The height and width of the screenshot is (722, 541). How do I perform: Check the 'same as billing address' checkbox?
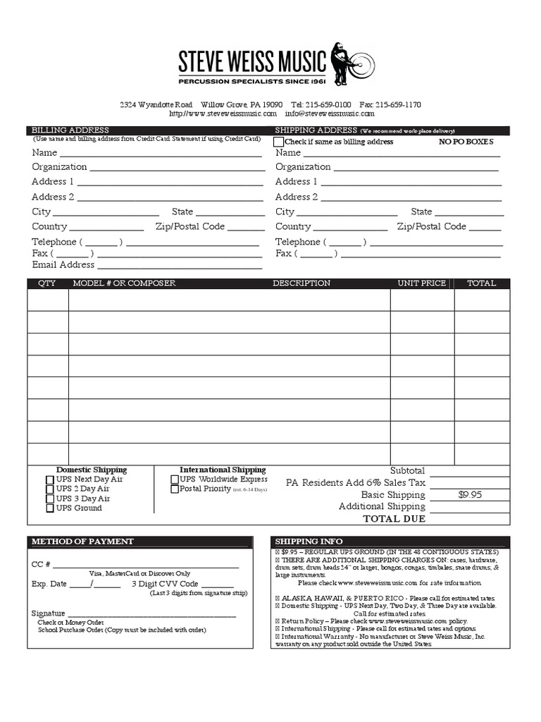[x=279, y=142]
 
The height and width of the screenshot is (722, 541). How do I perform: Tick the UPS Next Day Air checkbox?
[x=49, y=480]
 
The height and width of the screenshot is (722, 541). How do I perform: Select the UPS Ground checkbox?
[x=49, y=508]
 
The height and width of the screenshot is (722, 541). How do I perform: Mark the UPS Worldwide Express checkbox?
[x=175, y=479]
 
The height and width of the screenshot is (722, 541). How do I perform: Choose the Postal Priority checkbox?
[x=175, y=489]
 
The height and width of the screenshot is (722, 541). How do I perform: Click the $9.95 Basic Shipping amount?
[x=470, y=495]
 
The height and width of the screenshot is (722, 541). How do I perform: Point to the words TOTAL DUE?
[x=394, y=519]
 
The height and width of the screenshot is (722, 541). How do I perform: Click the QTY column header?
[x=47, y=283]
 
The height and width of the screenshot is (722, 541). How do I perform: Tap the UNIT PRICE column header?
[x=421, y=283]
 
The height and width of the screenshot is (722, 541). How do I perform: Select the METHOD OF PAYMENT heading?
[x=82, y=541]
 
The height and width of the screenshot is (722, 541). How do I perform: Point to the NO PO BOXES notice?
[x=466, y=142]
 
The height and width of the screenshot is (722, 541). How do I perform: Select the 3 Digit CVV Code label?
[x=165, y=584]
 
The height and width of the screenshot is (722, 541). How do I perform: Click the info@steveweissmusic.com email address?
[x=329, y=113]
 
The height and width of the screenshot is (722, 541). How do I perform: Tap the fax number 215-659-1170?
[x=398, y=104]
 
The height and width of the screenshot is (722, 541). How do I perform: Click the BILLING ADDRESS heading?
[x=70, y=130]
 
